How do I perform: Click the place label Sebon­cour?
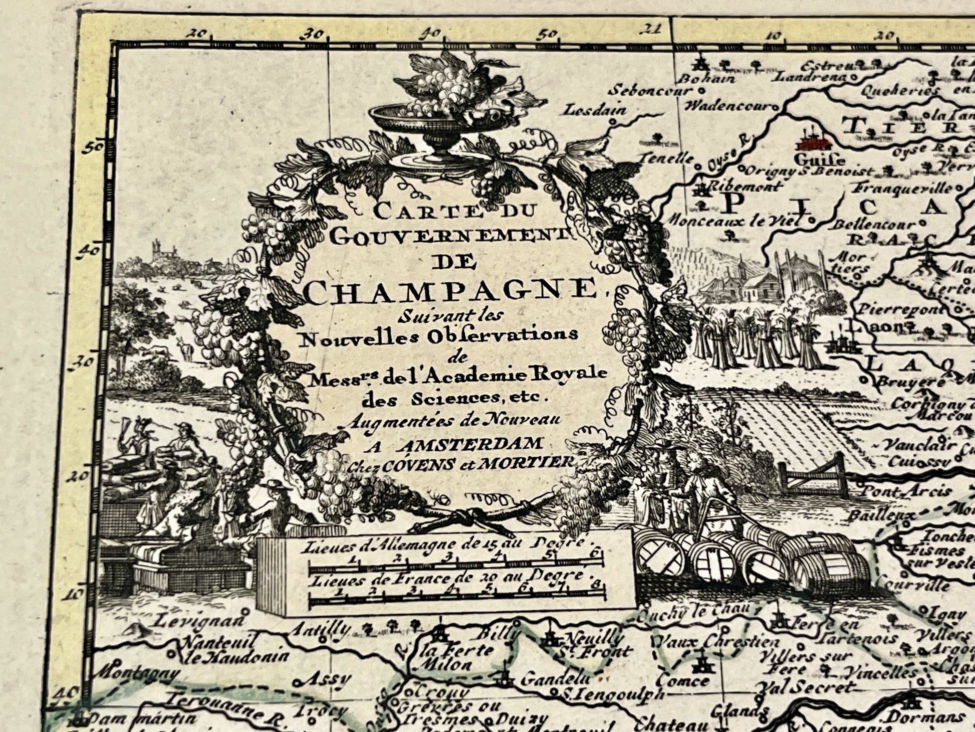coord(650,91)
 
